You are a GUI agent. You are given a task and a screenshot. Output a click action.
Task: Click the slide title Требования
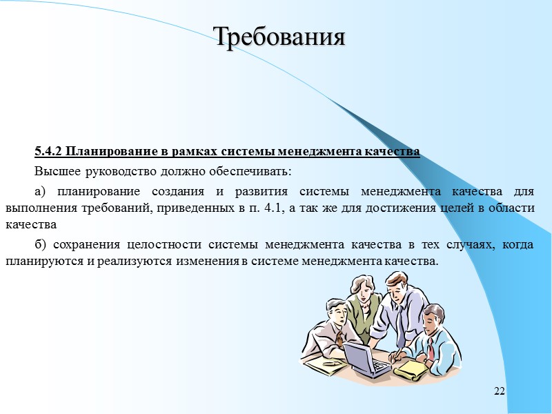tap(278, 37)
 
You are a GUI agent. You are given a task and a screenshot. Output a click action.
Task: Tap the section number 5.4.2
tap(48, 151)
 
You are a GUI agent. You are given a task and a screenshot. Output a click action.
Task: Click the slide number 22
tap(500, 392)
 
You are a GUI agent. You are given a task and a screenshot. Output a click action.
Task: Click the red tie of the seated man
tap(430, 349)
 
